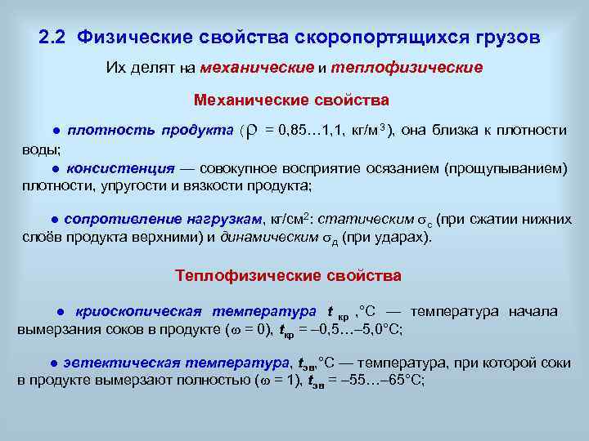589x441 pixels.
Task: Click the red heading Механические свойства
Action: tap(291, 100)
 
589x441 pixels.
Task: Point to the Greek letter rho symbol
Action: tap(252, 131)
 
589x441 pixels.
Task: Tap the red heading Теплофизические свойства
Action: tap(288, 275)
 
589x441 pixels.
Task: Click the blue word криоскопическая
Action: tap(138, 311)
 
